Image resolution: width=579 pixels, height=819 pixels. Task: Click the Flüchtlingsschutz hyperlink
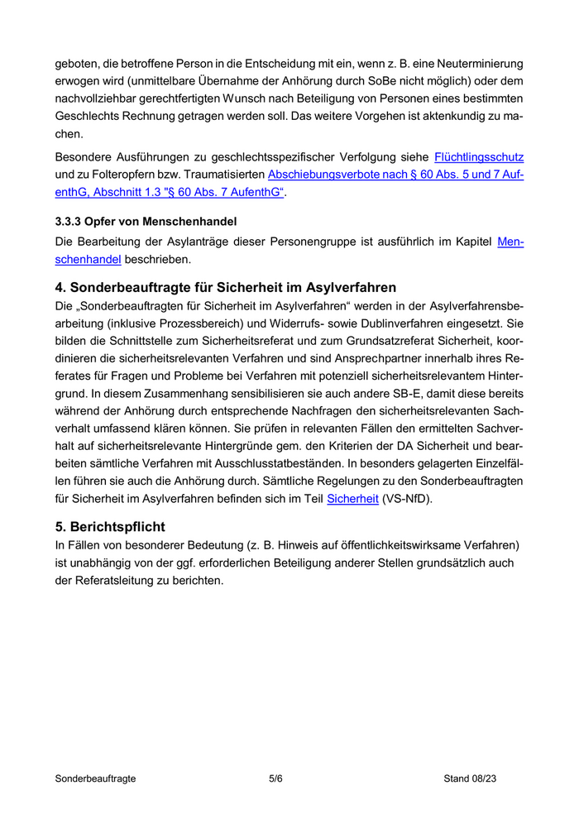[479, 156]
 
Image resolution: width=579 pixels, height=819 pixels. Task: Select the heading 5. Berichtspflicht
[110, 526]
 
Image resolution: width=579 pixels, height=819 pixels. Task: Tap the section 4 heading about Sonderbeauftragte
[225, 288]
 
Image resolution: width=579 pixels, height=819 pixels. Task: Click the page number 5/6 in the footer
[276, 778]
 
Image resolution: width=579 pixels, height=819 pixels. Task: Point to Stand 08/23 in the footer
[470, 778]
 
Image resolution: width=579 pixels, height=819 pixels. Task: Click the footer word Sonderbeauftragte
[95, 778]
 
